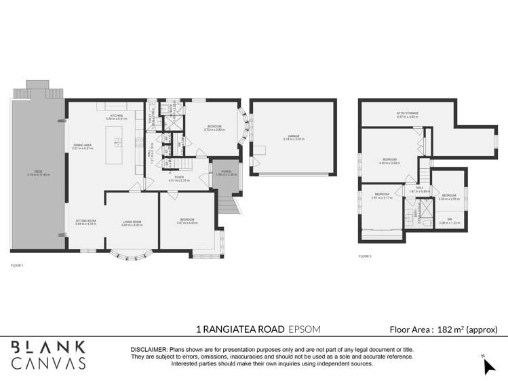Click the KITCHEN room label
pos(117,117)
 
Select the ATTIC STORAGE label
pos(407,113)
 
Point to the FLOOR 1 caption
pos(17,265)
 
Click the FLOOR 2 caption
pos(365,256)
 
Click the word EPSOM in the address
pos(304,329)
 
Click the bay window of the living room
pos(132,257)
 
